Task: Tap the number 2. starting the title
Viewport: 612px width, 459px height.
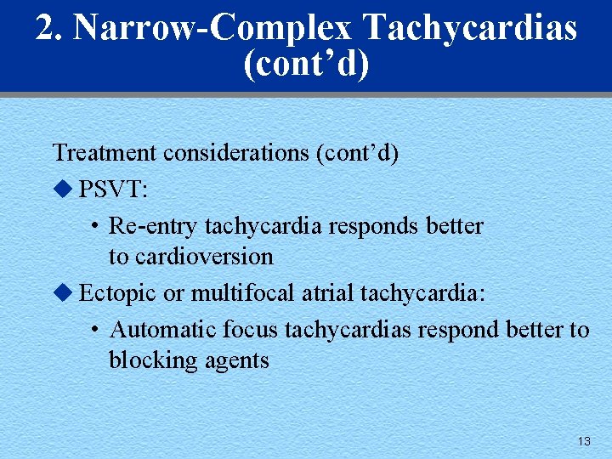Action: click(x=50, y=29)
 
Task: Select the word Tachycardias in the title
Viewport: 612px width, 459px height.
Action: click(x=469, y=29)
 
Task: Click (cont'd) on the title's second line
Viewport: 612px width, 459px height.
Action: click(x=306, y=65)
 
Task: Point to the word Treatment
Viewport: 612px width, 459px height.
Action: click(x=105, y=153)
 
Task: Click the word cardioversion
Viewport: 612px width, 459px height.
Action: click(x=205, y=257)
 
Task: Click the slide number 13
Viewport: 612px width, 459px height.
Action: click(x=583, y=441)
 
